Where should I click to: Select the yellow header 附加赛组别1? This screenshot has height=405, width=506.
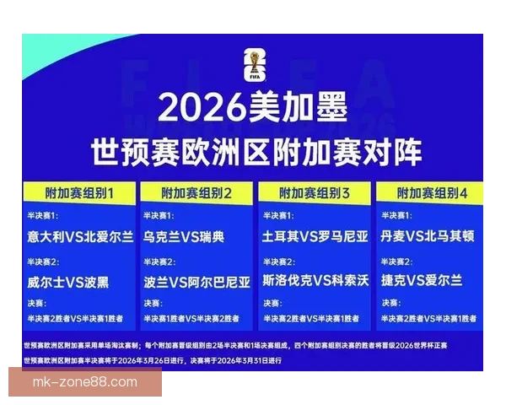click(x=79, y=192)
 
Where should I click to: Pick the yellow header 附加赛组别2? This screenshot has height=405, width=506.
click(x=196, y=192)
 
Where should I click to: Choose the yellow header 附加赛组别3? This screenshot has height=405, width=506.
click(x=315, y=192)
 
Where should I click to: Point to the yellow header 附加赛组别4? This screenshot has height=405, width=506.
click(x=432, y=192)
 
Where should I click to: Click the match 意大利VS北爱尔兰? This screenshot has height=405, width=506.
click(x=80, y=236)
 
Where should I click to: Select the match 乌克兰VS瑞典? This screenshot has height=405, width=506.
click(x=184, y=236)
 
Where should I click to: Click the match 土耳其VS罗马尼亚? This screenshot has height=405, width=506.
click(x=315, y=236)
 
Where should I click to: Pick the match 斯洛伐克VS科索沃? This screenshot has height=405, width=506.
click(x=315, y=280)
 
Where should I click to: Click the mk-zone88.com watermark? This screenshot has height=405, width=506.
click(x=84, y=382)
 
